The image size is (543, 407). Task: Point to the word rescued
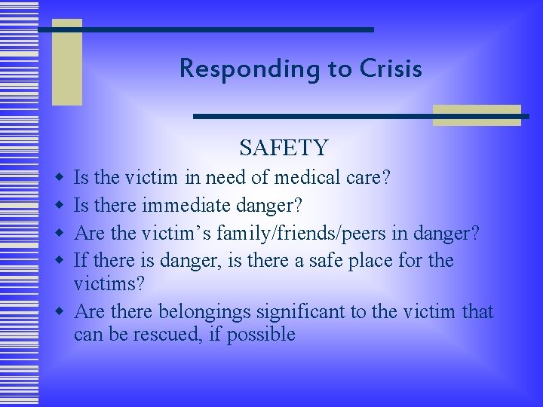[170, 334]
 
